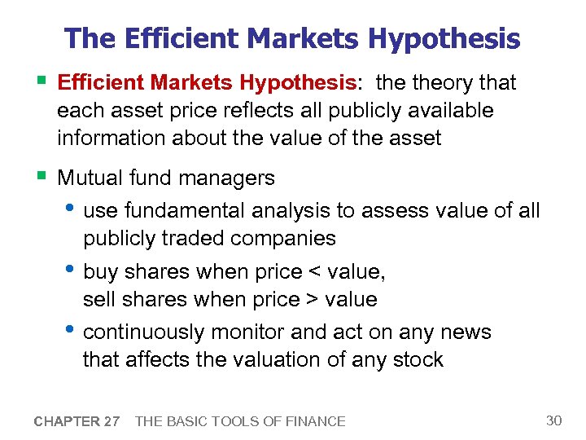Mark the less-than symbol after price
click(313, 272)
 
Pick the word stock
click(416, 359)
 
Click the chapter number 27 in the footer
click(111, 421)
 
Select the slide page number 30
click(553, 420)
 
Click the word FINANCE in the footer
click(313, 421)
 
